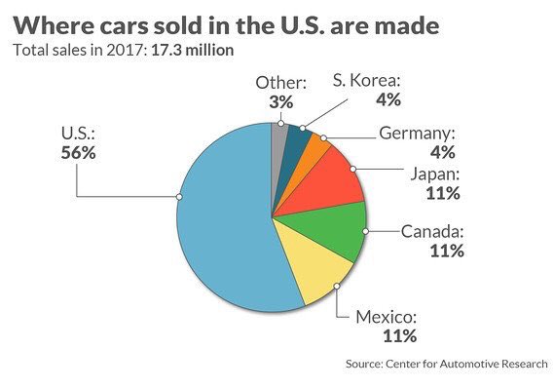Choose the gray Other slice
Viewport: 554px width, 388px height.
click(x=279, y=136)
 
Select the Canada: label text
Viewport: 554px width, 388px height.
click(x=432, y=232)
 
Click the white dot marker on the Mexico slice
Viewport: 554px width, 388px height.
click(x=337, y=286)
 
